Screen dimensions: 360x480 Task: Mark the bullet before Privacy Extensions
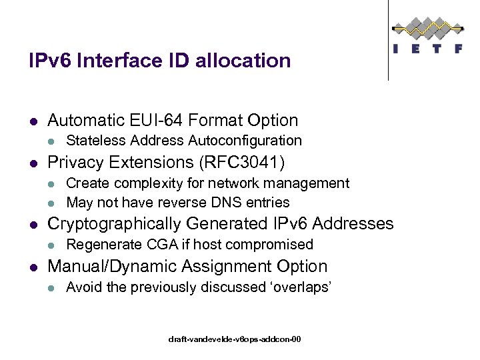click(x=33, y=163)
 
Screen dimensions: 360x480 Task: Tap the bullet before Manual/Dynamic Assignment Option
click(x=33, y=267)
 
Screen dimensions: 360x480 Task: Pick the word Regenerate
click(x=99, y=245)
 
